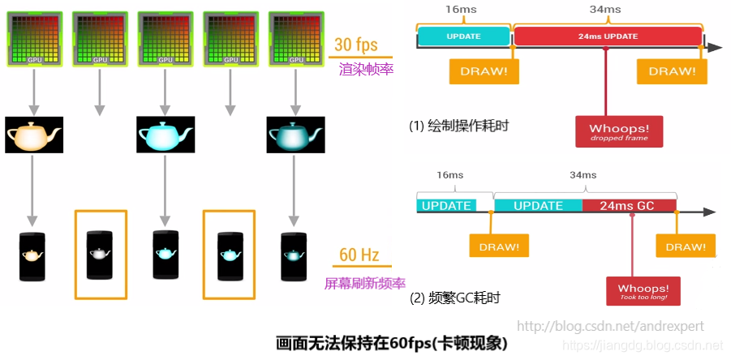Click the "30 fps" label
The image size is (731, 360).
tap(355, 45)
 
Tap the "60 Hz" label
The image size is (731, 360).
tap(359, 255)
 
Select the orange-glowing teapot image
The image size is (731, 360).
tap(33, 135)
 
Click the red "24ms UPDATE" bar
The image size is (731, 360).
tap(608, 36)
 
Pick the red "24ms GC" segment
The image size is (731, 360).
tap(629, 205)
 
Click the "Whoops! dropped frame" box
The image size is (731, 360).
tap(619, 132)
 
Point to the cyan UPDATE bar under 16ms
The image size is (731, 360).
tap(464, 36)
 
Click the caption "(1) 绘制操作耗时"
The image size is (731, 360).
tap(459, 126)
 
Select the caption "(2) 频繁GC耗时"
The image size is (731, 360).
tap(454, 298)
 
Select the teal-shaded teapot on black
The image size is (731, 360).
tap(295, 135)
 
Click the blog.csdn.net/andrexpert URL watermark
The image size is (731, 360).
tap(610, 327)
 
